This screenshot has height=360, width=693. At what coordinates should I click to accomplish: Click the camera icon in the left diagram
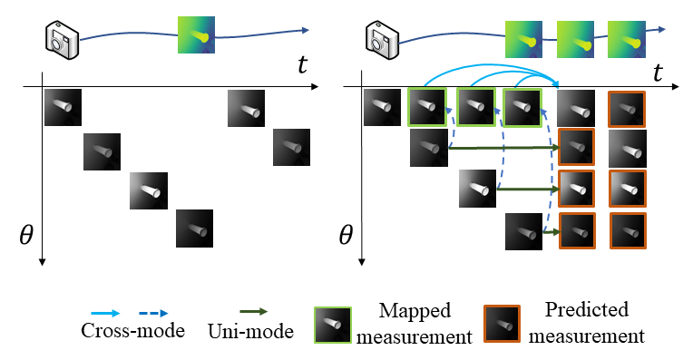click(x=63, y=37)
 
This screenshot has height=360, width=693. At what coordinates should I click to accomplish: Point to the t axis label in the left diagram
click(x=303, y=64)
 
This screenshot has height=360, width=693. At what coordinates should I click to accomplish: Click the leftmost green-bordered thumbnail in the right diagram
click(x=427, y=107)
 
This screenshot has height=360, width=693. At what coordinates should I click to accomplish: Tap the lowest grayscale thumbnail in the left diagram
click(x=194, y=228)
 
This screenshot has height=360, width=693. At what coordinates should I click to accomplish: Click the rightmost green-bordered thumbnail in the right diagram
click(x=522, y=107)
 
